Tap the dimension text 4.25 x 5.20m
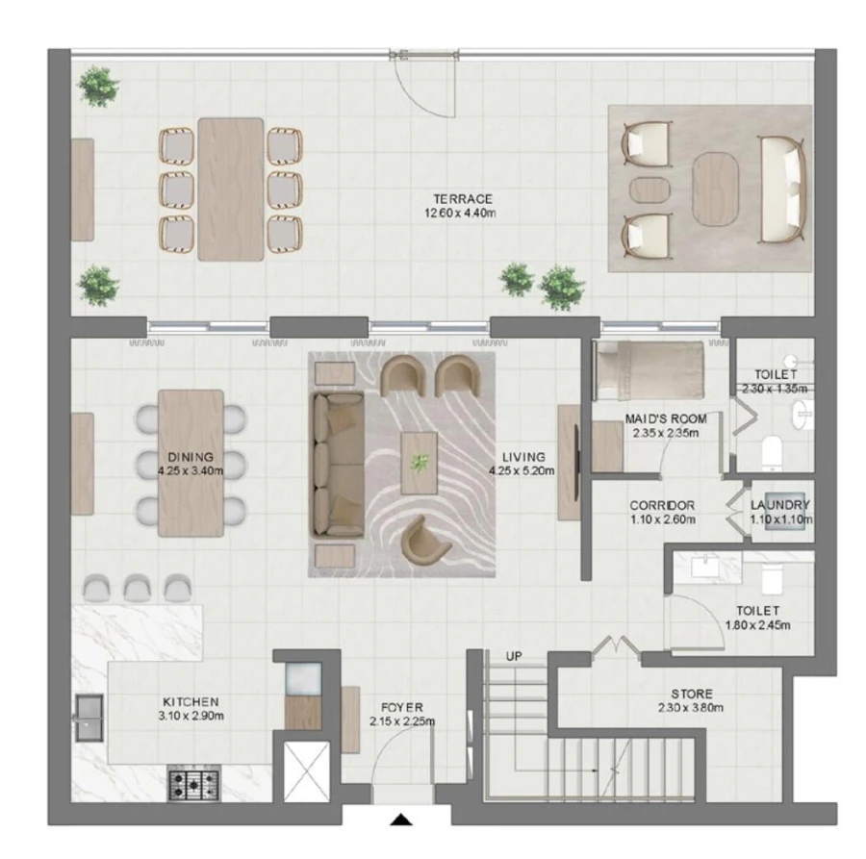(517, 471)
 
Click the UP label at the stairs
(514, 656)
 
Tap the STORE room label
(692, 694)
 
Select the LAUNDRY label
(780, 504)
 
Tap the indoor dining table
(191, 462)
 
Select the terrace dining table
(231, 189)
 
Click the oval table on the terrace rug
(719, 189)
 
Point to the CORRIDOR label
(662, 505)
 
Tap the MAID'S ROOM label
(665, 419)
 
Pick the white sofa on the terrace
(781, 189)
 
